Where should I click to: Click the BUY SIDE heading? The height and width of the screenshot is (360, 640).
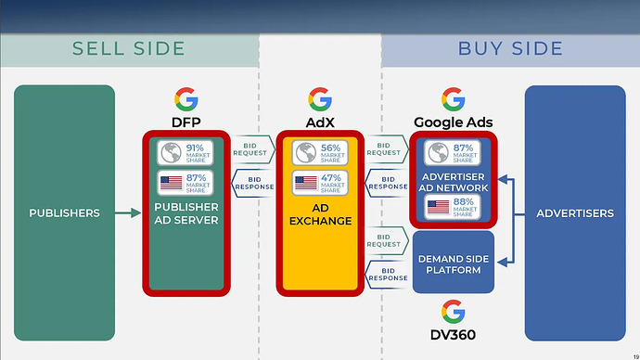[510, 48]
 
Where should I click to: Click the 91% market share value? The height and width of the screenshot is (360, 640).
[195, 148]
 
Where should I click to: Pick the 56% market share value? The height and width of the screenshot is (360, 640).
[330, 148]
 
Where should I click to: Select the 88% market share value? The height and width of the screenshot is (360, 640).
[464, 203]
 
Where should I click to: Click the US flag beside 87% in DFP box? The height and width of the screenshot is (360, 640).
[171, 184]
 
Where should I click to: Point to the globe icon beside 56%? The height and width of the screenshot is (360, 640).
[304, 153]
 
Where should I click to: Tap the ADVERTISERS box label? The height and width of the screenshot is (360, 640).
[575, 213]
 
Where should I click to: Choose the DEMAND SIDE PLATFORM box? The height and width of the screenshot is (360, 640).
[454, 264]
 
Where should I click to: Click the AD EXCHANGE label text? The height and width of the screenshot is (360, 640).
[320, 214]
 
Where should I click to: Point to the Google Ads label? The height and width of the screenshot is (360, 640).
[454, 122]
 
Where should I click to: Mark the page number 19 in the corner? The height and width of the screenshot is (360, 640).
[633, 354]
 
